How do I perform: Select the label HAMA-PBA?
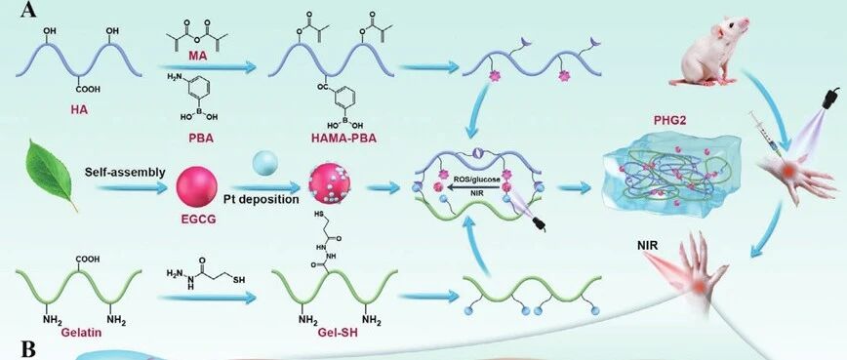[x=343, y=139]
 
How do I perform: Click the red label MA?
[x=204, y=56]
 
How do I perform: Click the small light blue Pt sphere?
[x=265, y=163]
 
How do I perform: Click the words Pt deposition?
[x=262, y=199]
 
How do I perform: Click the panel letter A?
[x=28, y=10]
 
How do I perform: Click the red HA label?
[x=79, y=109]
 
